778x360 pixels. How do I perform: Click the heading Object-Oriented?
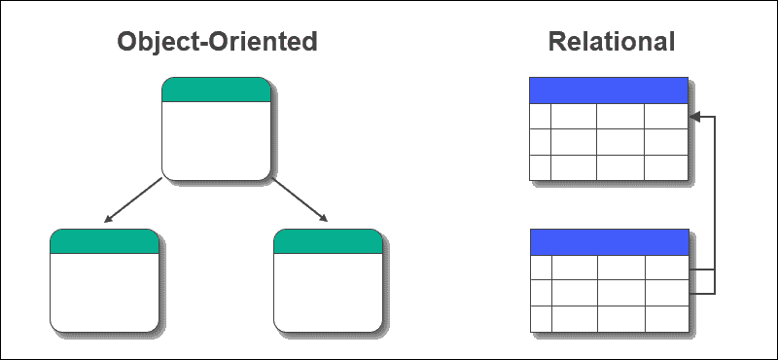coord(217,42)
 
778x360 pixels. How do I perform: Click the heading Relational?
coord(611,42)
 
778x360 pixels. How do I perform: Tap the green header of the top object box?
coord(216,90)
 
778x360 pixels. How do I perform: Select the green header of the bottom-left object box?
coord(104,241)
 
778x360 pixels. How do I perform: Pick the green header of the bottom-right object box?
coord(328,241)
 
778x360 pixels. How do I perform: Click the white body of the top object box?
coord(216,141)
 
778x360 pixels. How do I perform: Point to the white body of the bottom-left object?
coord(104,292)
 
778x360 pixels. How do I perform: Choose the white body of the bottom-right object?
coord(328,292)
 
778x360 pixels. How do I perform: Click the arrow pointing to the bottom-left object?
coord(131,201)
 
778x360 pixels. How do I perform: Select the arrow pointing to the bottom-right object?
coord(300,201)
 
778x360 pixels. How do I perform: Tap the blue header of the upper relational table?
coord(609,90)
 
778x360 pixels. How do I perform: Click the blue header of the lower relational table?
coord(609,242)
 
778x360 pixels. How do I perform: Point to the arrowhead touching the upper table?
coord(695,117)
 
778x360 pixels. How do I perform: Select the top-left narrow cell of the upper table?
coord(540,116)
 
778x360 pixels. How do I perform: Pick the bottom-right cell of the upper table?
coord(666,167)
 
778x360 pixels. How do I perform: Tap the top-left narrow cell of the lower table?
coord(541,268)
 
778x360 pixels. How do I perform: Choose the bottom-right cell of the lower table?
coord(667,318)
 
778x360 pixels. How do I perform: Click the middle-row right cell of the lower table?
coord(667,293)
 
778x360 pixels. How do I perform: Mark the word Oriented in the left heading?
coord(267,42)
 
